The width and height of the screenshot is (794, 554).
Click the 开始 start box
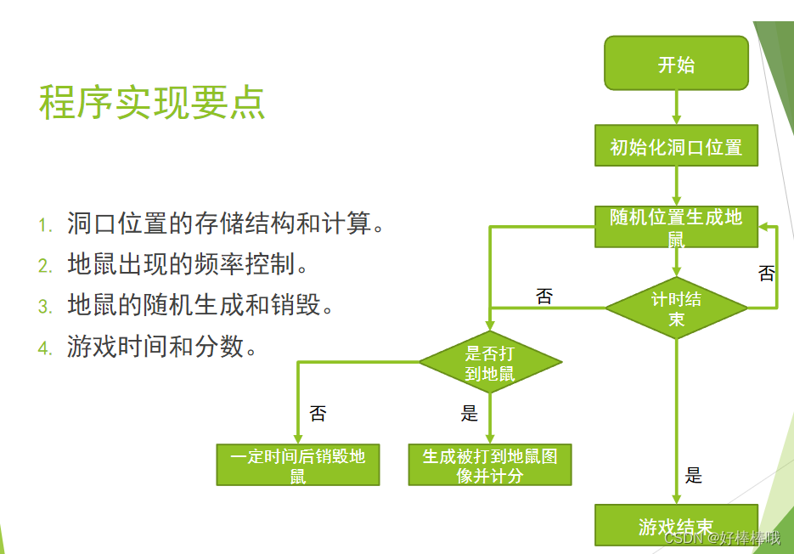[676, 63]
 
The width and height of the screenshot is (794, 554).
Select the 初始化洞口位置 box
[676, 146]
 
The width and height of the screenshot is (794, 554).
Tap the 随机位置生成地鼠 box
[676, 227]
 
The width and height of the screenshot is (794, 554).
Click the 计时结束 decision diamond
[676, 308]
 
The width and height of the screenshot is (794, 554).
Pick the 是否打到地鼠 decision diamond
[490, 363]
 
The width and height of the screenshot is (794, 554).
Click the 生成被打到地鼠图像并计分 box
[490, 465]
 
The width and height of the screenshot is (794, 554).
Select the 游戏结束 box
[676, 526]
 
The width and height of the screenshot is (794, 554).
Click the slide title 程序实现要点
[152, 103]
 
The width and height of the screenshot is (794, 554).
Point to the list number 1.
[45, 226]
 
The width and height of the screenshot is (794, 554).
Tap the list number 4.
[45, 348]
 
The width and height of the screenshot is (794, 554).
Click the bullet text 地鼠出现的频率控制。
[188, 265]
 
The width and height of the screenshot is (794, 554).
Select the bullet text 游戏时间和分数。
[162, 347]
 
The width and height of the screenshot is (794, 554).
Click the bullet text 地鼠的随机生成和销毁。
[200, 306]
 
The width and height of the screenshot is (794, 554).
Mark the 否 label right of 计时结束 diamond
[766, 274]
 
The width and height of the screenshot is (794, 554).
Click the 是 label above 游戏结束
[694, 476]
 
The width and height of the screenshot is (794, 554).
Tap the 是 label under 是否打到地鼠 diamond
[470, 414]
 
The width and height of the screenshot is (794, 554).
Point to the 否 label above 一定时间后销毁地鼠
[318, 414]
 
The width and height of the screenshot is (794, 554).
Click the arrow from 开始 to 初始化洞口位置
[677, 107]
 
